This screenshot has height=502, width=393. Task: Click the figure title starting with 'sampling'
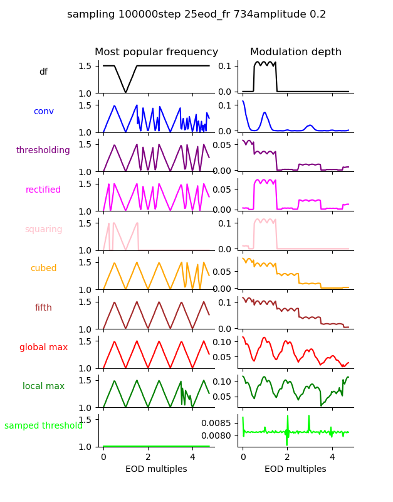(x=196, y=14)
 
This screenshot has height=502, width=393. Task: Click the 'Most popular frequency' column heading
(x=156, y=52)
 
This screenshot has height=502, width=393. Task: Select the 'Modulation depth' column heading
(x=295, y=52)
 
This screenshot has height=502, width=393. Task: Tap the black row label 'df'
(x=43, y=72)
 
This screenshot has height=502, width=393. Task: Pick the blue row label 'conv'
(x=43, y=112)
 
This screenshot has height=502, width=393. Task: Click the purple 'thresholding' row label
(x=43, y=151)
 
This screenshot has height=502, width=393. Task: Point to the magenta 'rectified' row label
(x=43, y=190)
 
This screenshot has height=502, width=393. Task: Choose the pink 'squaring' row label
(x=43, y=230)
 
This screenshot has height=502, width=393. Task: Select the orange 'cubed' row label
(x=43, y=269)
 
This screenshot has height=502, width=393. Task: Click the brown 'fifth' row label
(x=43, y=308)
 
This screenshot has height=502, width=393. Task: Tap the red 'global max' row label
(x=43, y=347)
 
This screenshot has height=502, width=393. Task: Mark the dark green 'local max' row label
(x=43, y=387)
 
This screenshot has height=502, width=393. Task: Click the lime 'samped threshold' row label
(x=43, y=426)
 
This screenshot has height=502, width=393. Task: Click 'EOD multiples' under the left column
(x=156, y=469)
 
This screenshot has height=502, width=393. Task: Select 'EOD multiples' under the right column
(x=295, y=469)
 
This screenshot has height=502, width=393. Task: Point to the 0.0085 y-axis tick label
(x=217, y=423)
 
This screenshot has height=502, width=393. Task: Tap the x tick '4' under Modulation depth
(x=332, y=457)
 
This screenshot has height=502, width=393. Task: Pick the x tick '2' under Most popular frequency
(x=148, y=457)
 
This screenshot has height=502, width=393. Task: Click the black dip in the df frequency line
(x=126, y=92)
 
